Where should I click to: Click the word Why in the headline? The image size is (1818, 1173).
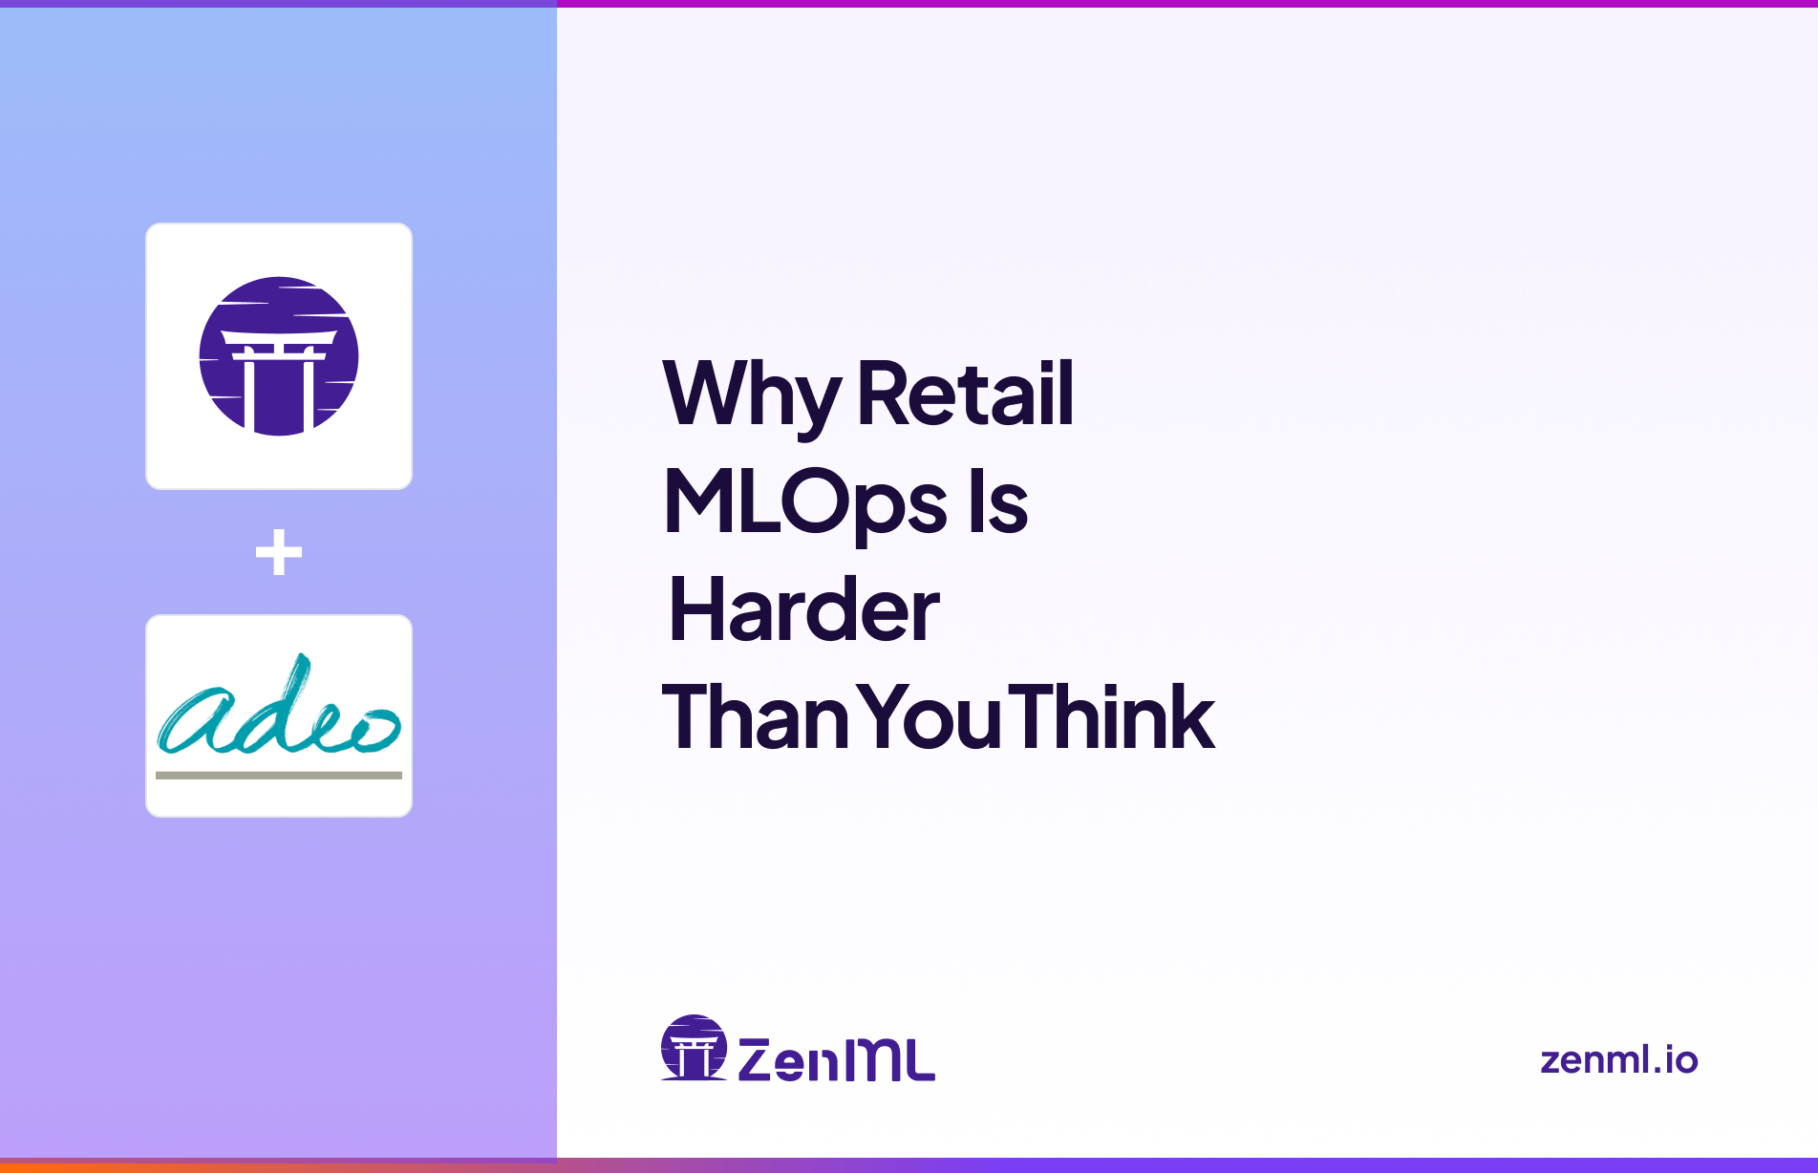pyautogui.click(x=751, y=395)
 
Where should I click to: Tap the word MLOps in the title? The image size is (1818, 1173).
pyautogui.click(x=805, y=502)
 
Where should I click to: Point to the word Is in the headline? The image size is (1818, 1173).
pyautogui.click(x=998, y=502)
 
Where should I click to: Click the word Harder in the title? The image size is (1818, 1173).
pyautogui.click(x=803, y=610)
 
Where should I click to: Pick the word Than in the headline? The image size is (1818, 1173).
pyautogui.click(x=755, y=717)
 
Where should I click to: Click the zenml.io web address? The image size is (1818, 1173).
pyautogui.click(x=1618, y=1059)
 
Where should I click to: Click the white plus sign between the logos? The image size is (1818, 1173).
pyautogui.click(x=279, y=552)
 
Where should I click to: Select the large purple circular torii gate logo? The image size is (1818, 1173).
pyautogui.click(x=279, y=356)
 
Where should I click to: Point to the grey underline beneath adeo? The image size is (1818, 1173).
pyautogui.click(x=279, y=776)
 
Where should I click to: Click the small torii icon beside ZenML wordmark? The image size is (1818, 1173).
pyautogui.click(x=694, y=1047)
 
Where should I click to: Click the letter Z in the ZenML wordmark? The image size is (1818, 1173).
pyautogui.click(x=756, y=1059)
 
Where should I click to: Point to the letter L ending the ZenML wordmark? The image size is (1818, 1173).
pyautogui.click(x=917, y=1060)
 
